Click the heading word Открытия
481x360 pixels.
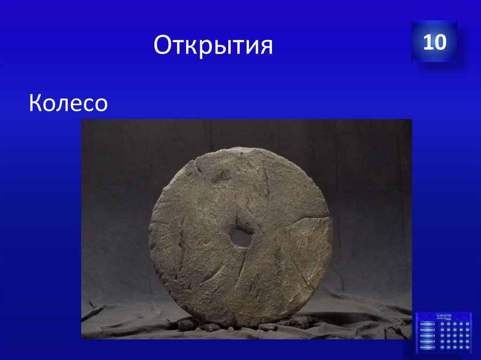tap(213, 47)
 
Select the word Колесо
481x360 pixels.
tap(69, 103)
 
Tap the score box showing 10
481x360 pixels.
tap(434, 42)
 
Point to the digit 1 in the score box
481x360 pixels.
tap(428, 42)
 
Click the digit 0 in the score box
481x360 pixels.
tap(440, 42)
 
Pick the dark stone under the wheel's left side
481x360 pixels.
tap(187, 324)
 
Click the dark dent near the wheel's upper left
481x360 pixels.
tap(221, 176)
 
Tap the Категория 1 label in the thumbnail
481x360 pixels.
tap(427, 324)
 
